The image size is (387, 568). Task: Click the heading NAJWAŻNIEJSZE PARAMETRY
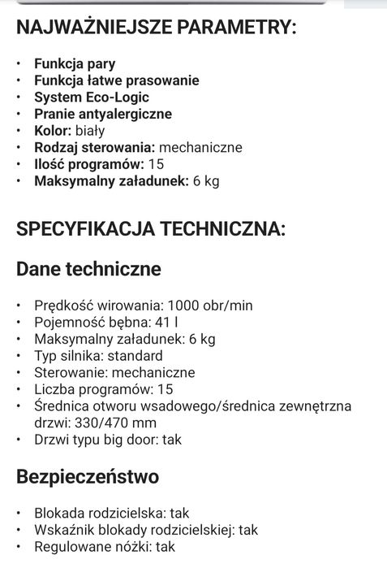[x=156, y=28]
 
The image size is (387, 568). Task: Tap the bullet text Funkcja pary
[x=75, y=63]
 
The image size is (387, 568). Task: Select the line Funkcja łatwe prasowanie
[x=116, y=80]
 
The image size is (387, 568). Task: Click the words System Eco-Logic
[x=92, y=98]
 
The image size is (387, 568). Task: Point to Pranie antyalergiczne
[x=102, y=114]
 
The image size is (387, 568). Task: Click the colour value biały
[x=90, y=131]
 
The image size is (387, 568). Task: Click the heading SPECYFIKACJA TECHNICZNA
[x=151, y=229]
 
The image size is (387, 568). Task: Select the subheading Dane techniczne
[x=88, y=269]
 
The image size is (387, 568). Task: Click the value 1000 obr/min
[x=209, y=306]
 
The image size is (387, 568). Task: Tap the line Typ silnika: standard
[x=98, y=356]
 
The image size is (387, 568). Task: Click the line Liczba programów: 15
[x=104, y=389]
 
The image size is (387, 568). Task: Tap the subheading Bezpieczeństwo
[x=87, y=477]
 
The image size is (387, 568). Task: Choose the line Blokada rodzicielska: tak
[x=111, y=514]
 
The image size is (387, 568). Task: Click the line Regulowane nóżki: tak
[x=105, y=547]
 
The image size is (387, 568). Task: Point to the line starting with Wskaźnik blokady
[x=145, y=531]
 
